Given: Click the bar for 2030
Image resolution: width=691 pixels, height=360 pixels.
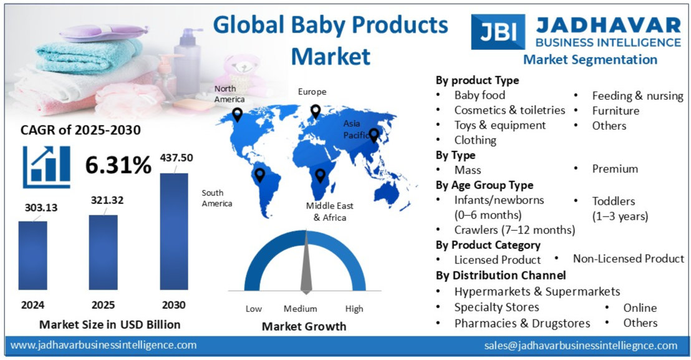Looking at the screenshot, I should [x=174, y=231].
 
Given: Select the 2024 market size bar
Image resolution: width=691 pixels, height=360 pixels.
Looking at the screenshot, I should [x=32, y=255].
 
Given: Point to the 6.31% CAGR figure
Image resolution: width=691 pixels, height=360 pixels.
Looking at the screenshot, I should [x=118, y=165].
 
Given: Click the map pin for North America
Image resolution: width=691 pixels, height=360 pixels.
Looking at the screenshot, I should [x=237, y=115].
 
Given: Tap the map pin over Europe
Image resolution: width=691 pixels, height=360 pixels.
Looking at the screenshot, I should [x=316, y=112].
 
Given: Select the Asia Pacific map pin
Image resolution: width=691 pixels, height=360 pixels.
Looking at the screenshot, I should [x=374, y=134].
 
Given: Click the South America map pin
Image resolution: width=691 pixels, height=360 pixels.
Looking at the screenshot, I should [x=259, y=175].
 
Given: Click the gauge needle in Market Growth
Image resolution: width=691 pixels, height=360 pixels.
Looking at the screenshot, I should [x=306, y=268].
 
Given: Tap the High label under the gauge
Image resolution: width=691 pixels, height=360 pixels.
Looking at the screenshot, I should [x=354, y=309].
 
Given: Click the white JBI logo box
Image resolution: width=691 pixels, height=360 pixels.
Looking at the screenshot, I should [x=498, y=32].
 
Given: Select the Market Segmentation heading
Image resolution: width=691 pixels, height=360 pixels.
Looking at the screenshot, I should [x=590, y=60].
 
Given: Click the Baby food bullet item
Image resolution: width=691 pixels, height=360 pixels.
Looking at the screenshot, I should [x=480, y=95].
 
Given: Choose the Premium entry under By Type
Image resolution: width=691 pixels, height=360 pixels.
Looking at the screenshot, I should [x=615, y=169].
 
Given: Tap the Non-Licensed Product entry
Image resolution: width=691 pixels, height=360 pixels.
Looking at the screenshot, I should [x=628, y=258].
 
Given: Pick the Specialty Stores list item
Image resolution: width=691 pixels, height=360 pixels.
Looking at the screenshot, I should [x=496, y=307].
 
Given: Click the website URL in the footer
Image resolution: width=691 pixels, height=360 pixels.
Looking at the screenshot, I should [x=104, y=345].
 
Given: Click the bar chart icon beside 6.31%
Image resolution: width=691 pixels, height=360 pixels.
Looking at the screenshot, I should [x=47, y=167].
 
